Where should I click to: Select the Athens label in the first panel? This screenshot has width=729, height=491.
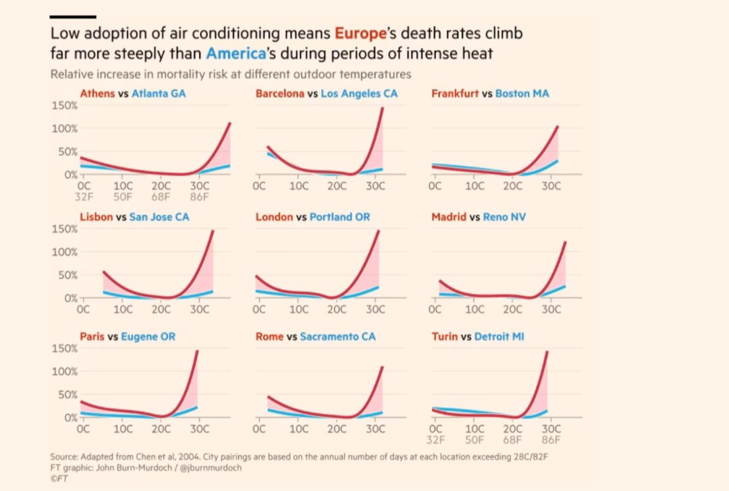point(97,94)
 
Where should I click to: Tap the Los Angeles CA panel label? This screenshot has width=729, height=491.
point(359,94)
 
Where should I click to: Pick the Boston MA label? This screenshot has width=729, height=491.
point(522,94)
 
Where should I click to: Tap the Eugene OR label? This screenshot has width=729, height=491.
point(148,336)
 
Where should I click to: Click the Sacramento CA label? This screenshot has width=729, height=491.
point(337,336)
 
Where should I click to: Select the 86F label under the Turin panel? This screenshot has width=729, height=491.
point(551,441)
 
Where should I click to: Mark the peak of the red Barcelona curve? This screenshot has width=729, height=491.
point(382,109)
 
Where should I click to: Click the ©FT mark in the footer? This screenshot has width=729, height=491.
point(59,477)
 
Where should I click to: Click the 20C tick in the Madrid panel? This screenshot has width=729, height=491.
point(513,310)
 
